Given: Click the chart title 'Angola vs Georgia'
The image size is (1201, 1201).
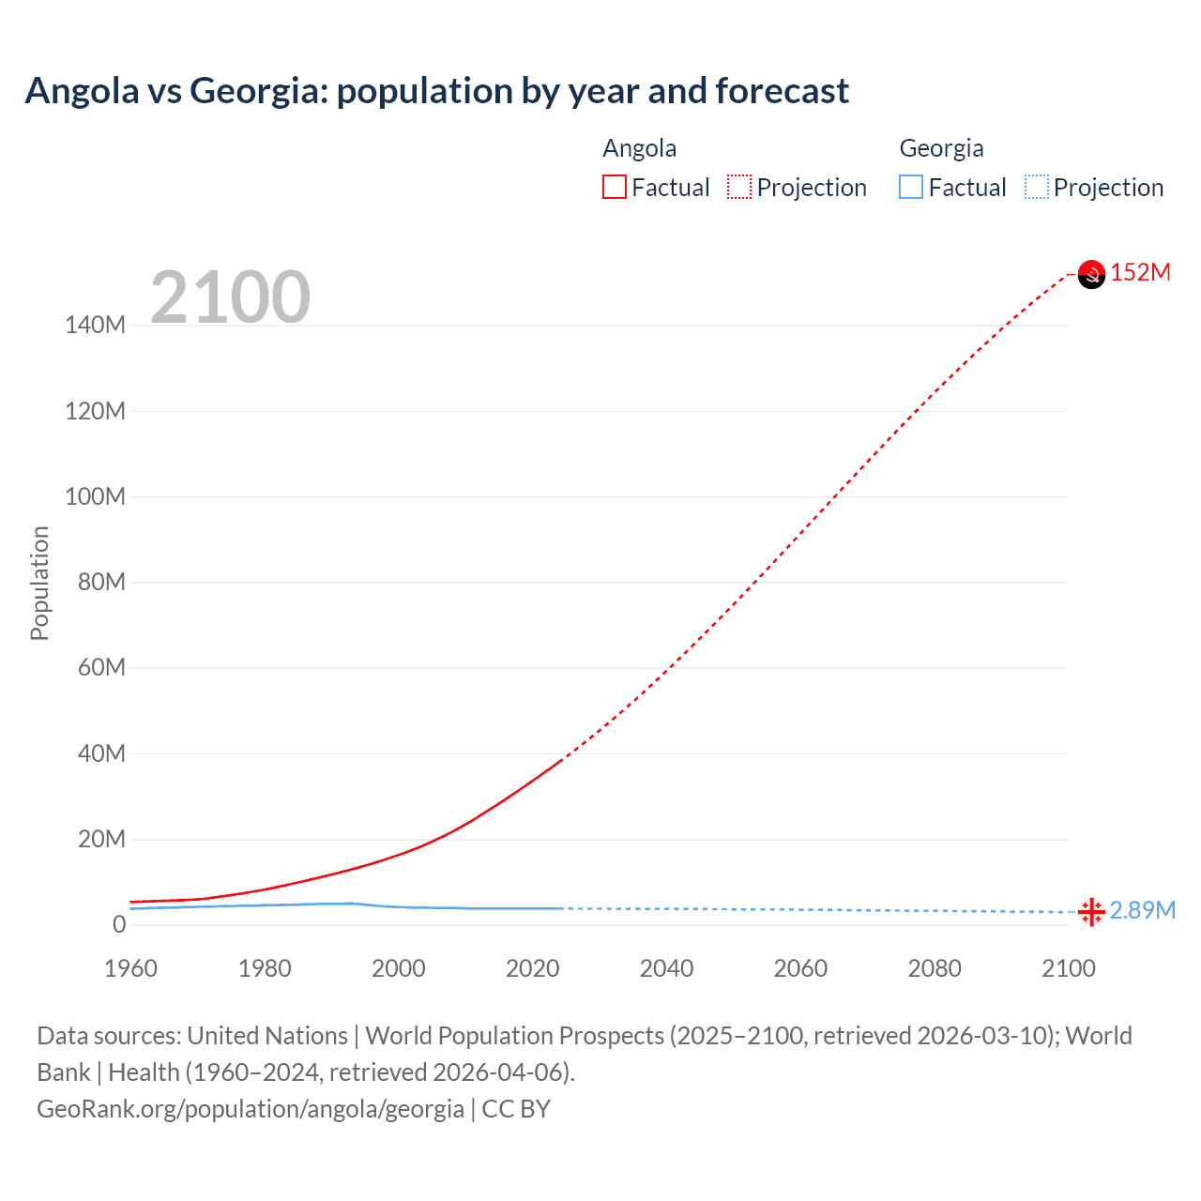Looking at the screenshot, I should pyautogui.click(x=436, y=91).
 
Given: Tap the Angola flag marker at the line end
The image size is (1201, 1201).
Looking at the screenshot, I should pyautogui.click(x=1091, y=274).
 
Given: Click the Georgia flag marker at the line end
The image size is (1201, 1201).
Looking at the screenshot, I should pyautogui.click(x=1091, y=911).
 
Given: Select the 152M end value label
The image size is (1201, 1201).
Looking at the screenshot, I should pyautogui.click(x=1140, y=273).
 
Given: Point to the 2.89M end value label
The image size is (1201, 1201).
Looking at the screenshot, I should pyautogui.click(x=1142, y=910).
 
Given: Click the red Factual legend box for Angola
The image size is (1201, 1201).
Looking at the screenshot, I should pyautogui.click(x=615, y=188).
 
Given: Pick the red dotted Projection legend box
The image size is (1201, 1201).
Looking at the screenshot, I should pyautogui.click(x=739, y=188).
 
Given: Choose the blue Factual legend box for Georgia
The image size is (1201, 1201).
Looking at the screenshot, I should pyautogui.click(x=911, y=188).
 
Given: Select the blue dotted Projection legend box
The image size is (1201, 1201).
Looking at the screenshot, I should pyautogui.click(x=1036, y=188).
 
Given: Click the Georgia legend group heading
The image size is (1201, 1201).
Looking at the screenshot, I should pyautogui.click(x=941, y=148).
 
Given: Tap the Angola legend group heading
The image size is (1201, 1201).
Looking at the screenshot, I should pyautogui.click(x=639, y=148).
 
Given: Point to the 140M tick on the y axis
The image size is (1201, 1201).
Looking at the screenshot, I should pyautogui.click(x=95, y=326).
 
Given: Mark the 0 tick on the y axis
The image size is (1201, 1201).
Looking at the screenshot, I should pyautogui.click(x=118, y=924).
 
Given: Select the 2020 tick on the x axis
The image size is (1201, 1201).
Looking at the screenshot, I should pyautogui.click(x=532, y=968).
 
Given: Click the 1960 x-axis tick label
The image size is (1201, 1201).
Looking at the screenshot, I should pyautogui.click(x=130, y=968).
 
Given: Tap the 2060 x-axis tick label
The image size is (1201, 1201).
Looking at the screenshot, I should pyautogui.click(x=800, y=968).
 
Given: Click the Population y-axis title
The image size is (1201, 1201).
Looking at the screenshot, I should pyautogui.click(x=39, y=583).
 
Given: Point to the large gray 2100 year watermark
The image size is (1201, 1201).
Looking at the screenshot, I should pyautogui.click(x=230, y=297).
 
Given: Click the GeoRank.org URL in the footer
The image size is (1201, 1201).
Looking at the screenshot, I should pyautogui.click(x=251, y=1109).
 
